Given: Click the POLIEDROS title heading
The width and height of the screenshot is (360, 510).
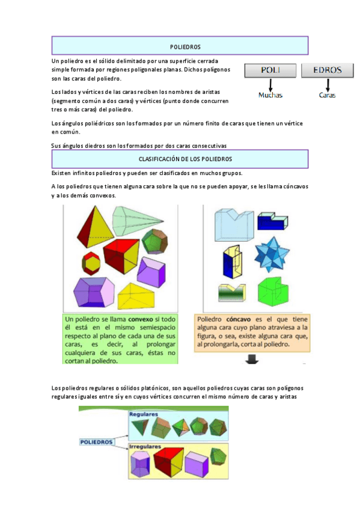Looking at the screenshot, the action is pos(185,47).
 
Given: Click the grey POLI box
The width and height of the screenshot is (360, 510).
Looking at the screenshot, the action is pos(270,70).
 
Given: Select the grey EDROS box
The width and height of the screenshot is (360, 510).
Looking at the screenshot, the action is pos(327,70).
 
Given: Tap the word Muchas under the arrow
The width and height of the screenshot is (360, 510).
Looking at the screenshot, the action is pos(270,95).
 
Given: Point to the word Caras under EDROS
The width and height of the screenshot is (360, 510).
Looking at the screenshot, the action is pos(327,95).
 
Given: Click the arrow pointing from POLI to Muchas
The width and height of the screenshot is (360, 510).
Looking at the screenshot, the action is pos(270,85).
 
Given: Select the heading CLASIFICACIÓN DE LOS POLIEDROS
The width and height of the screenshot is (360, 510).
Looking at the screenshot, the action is pos(185,159).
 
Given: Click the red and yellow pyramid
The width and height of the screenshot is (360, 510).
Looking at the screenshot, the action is pos(95,226).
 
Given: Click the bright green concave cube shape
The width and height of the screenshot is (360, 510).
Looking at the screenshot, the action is pos(273,292).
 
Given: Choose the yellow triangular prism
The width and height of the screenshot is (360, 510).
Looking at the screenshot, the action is pos(136,296).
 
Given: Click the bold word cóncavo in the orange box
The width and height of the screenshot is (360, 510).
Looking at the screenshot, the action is pos(239,319).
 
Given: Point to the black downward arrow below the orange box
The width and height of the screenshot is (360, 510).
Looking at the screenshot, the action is pos(252,360).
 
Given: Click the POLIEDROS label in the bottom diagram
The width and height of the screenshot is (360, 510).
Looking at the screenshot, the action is pos(96,442).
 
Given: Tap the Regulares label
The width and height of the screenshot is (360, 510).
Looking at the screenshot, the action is pos(144,414).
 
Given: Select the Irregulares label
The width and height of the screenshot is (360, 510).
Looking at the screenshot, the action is pos(145,447).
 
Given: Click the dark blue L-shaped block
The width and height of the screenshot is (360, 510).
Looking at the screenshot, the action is pos(273,221).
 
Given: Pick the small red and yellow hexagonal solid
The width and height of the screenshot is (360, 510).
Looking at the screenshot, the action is pos(91,262).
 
